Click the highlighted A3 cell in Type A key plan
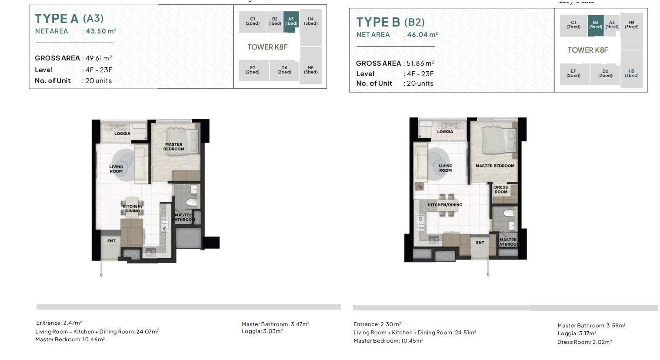tap(291, 22)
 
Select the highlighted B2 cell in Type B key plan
tap(596, 26)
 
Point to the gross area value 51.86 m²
tap(420, 63)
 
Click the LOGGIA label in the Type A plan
tap(122, 133)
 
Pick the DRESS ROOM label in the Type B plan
tap(501, 190)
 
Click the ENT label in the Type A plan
tap(111, 241)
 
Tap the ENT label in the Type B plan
tap(480, 243)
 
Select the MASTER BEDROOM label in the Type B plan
tap(495, 166)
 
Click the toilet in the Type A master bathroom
tap(192, 202)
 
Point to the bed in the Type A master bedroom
tap(182, 141)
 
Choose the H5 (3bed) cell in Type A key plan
tap(310, 70)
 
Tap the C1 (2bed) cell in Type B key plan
tap(573, 25)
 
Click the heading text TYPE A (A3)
tap(69, 19)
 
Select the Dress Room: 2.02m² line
tap(585, 342)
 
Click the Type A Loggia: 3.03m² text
tap(262, 331)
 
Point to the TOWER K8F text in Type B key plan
tap(588, 50)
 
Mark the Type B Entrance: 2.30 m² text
tap(377, 324)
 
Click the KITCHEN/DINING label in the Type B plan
tap(445, 205)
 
